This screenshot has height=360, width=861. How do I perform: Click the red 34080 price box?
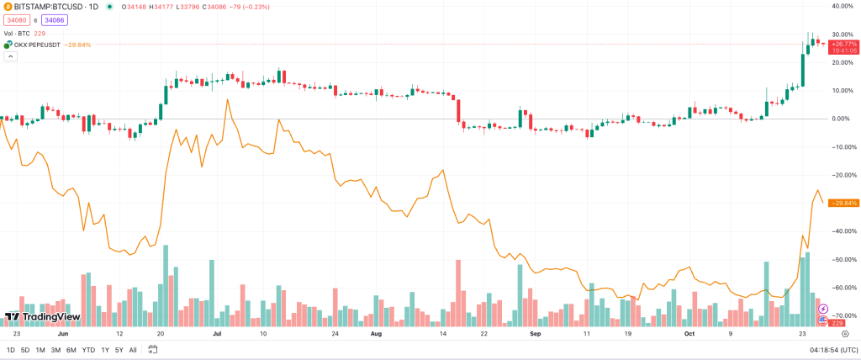(16, 19)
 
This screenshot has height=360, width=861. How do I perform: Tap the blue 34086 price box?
(55, 19)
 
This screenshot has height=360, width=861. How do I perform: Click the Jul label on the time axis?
(217, 333)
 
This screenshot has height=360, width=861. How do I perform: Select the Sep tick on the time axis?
(535, 333)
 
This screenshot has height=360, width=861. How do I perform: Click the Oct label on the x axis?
(689, 333)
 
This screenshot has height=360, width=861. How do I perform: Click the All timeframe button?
(133, 350)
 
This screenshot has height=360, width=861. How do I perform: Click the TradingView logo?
(42, 316)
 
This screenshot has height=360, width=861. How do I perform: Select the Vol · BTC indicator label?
(16, 33)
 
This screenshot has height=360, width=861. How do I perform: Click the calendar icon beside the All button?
(154, 350)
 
